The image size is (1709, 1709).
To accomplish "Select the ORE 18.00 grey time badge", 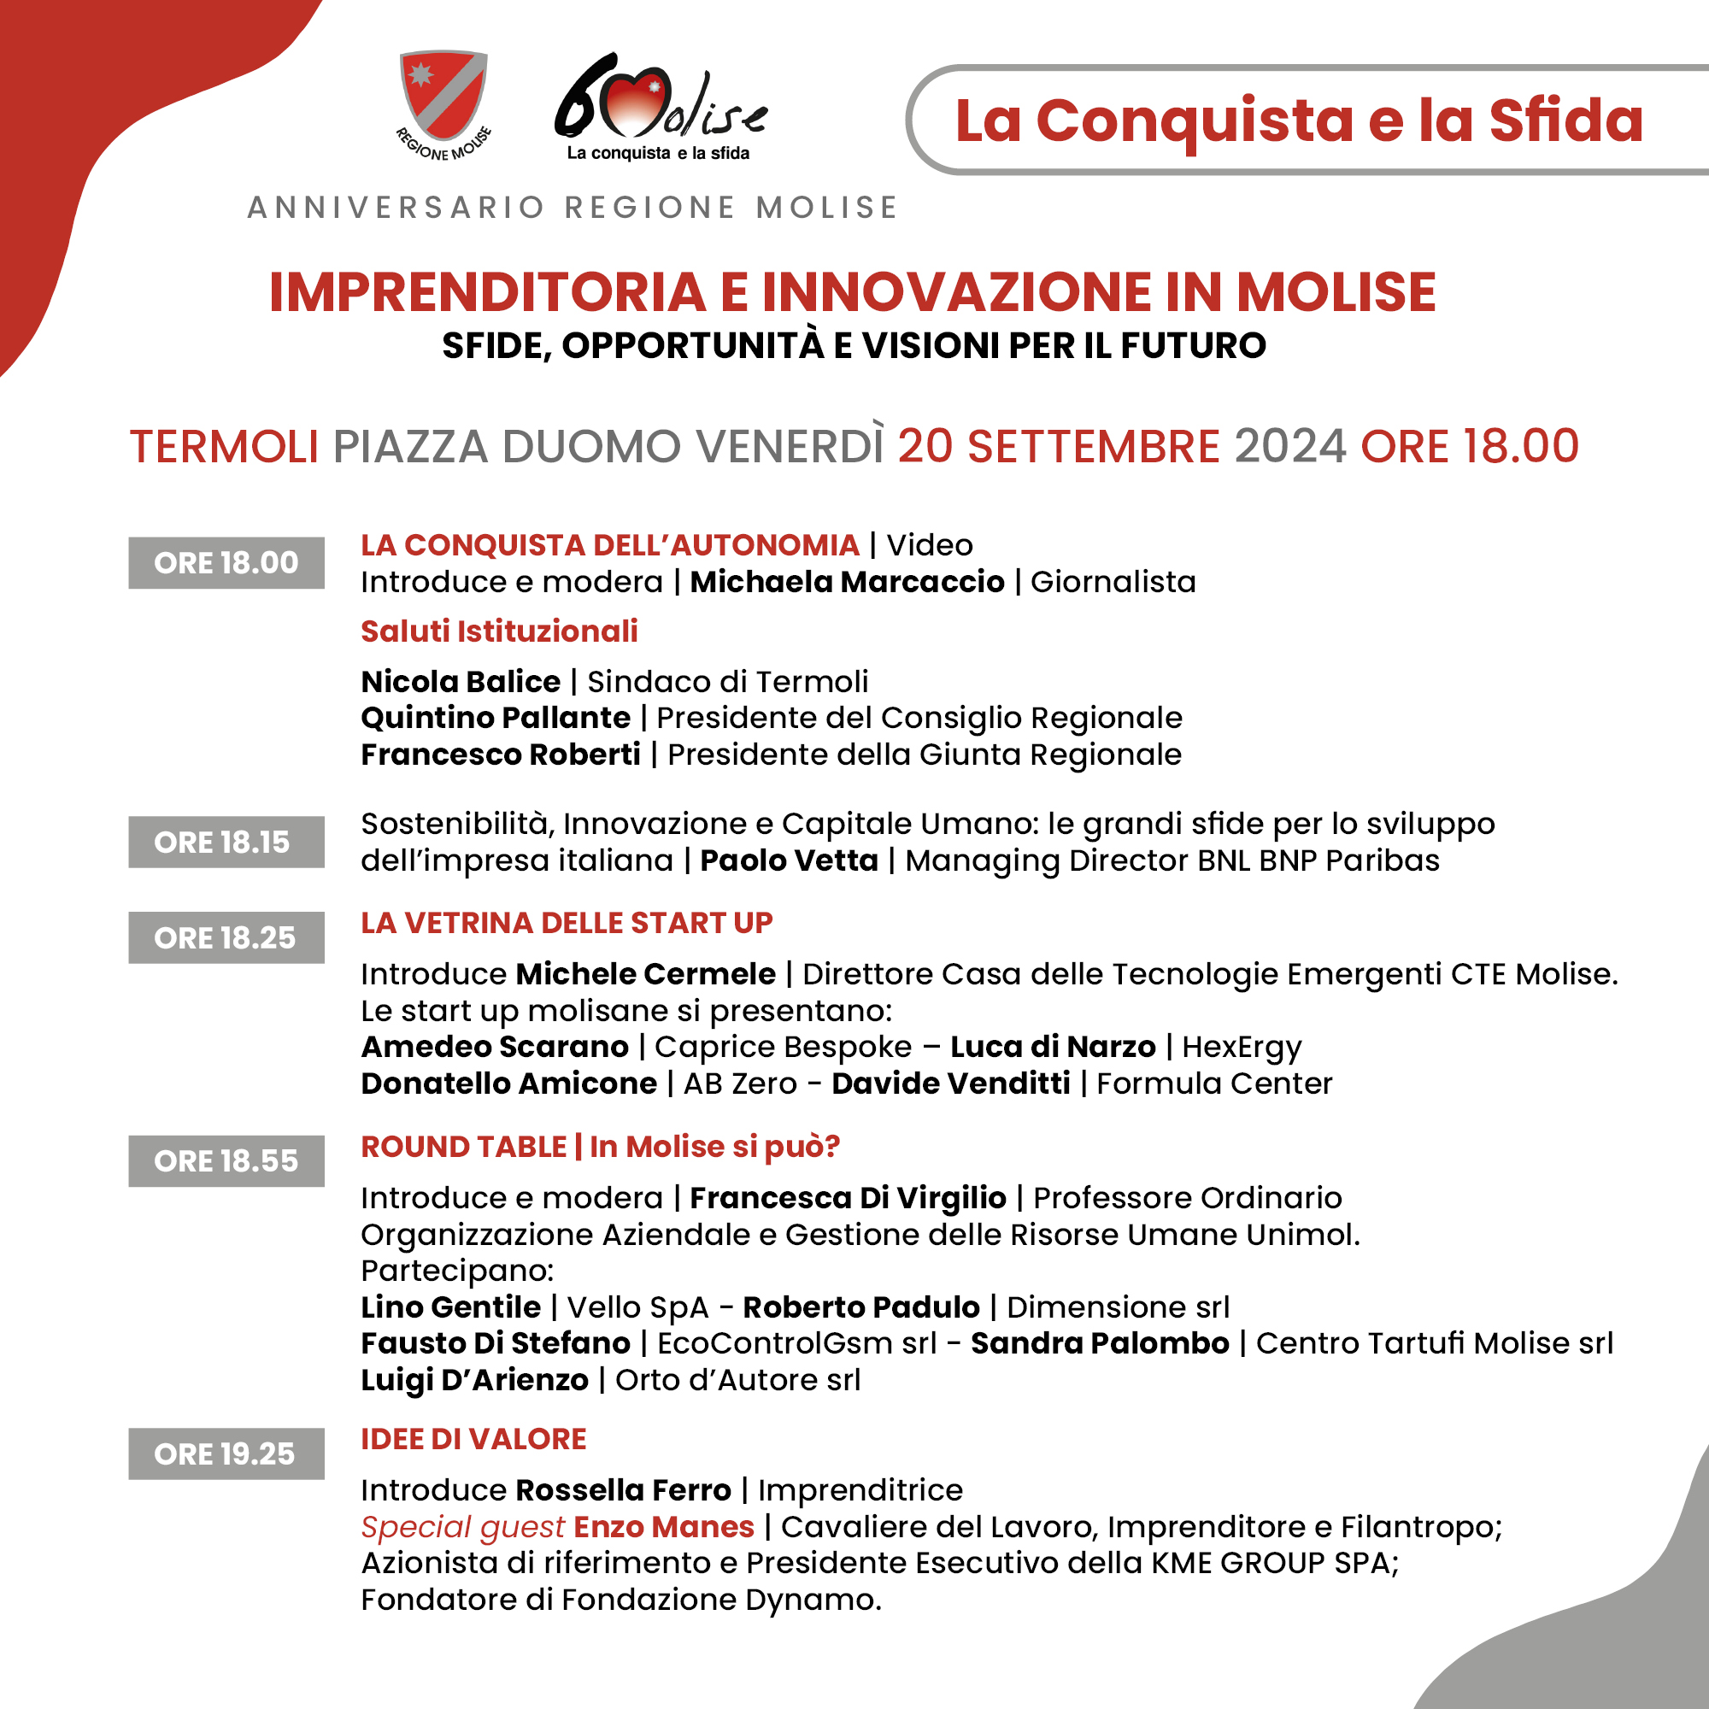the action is (226, 562).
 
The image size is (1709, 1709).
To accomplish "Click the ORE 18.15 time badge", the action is (226, 843).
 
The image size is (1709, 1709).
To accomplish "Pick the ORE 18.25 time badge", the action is (226, 937).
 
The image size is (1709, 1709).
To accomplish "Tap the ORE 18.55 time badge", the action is (226, 1160).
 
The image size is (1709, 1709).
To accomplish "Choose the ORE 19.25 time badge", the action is (226, 1454).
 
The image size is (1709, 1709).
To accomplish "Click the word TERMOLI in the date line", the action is (224, 446).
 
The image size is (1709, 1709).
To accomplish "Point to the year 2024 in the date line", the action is (1289, 446).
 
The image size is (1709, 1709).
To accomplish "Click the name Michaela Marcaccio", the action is (848, 582).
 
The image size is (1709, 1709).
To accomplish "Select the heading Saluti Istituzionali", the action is (499, 631).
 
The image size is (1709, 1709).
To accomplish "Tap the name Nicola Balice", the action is (461, 682).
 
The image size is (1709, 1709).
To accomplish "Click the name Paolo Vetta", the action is (789, 860).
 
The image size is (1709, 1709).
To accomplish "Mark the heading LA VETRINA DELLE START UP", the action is (567, 923).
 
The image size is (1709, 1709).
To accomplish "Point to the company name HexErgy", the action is (1242, 1048).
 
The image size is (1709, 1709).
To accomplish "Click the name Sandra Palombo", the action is (1101, 1342).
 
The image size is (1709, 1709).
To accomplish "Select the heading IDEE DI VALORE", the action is (474, 1439).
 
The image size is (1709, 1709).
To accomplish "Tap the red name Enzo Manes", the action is (664, 1527).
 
